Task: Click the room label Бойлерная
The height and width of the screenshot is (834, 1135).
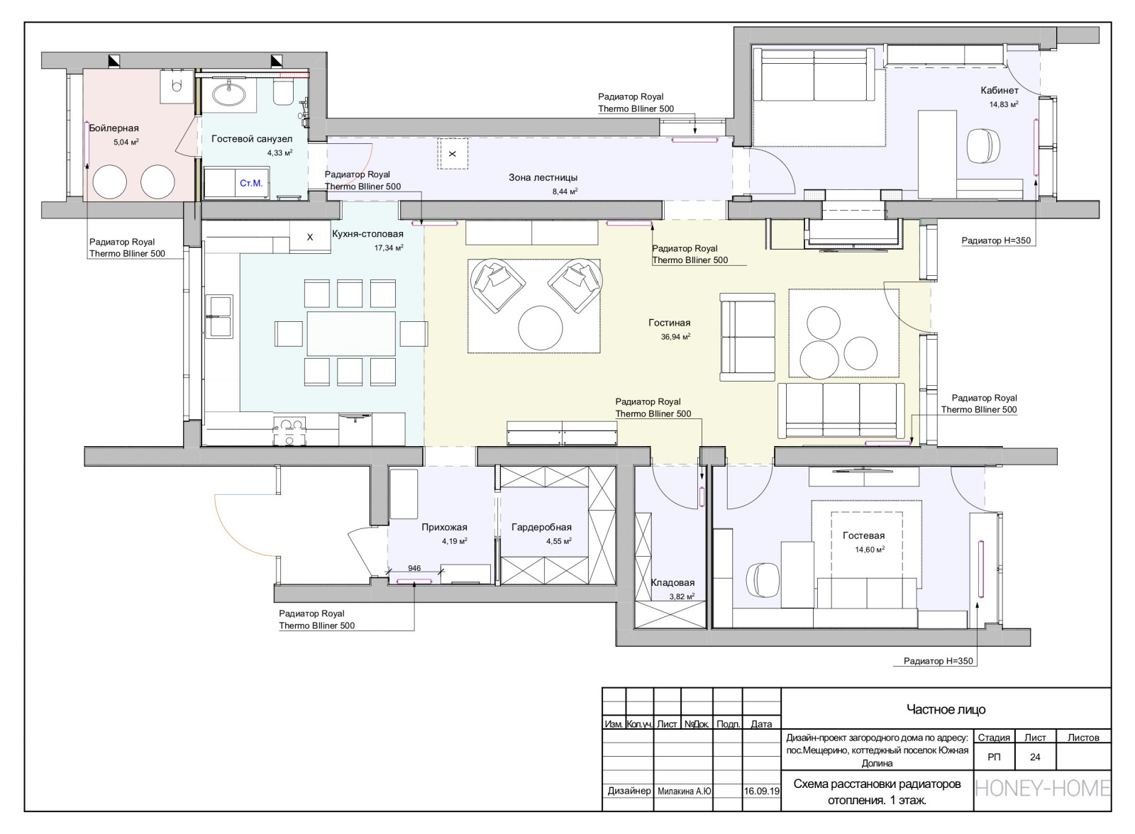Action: [x=114, y=128]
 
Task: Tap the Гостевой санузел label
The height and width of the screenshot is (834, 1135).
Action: [x=252, y=138]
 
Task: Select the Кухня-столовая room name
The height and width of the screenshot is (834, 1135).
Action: [x=368, y=233]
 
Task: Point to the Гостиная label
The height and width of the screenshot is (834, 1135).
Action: [x=670, y=323]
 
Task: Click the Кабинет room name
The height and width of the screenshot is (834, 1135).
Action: [x=1000, y=90]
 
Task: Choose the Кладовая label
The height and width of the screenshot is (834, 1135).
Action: [x=672, y=583]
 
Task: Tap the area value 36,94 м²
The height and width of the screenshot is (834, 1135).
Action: [x=675, y=336]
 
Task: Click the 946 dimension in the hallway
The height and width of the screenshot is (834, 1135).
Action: [x=414, y=568]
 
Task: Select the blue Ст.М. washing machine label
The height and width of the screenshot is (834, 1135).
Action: [x=251, y=183]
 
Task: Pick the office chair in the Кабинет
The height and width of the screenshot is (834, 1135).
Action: [x=983, y=145]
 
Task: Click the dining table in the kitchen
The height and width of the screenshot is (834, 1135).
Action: [x=351, y=333]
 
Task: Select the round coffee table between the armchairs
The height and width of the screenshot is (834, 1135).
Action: [x=540, y=328]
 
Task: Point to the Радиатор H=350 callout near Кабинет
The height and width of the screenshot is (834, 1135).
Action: [x=996, y=240]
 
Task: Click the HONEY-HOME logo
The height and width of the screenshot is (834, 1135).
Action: [x=1043, y=789]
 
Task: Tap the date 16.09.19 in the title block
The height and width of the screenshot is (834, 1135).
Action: [x=762, y=791]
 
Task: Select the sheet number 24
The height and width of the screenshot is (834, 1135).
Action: [x=1035, y=757]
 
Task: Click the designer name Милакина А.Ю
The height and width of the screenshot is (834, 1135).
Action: [x=684, y=791]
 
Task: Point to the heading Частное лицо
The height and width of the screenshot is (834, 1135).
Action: [x=946, y=709]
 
